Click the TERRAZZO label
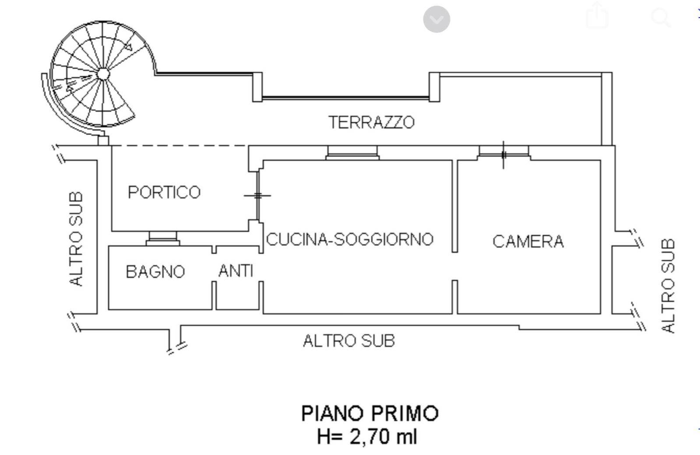click(371, 122)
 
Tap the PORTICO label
click(164, 192)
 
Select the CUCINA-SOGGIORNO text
click(350, 240)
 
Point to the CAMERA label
click(528, 242)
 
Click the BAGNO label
click(155, 272)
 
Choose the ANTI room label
click(236, 271)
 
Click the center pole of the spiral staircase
click(102, 74)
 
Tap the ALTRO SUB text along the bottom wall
click(349, 341)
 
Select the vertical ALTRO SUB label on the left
click(76, 239)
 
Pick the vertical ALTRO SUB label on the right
click(668, 286)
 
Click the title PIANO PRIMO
click(370, 413)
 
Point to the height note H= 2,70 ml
click(367, 437)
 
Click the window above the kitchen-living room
click(352, 152)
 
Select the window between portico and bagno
click(162, 239)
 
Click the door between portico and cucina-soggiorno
click(258, 196)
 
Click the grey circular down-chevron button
click(436, 19)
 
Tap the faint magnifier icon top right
click(661, 18)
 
